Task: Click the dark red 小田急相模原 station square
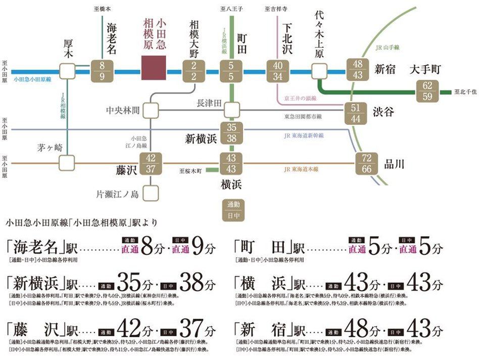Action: pyautogui.click(x=154, y=67)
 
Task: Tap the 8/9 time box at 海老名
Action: pyautogui.click(x=103, y=71)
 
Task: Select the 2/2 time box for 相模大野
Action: pyautogui.click(x=194, y=71)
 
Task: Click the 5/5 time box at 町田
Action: pyautogui.click(x=231, y=71)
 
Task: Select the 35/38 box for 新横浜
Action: pyautogui.click(x=231, y=133)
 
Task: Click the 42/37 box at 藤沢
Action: pyautogui.click(x=151, y=163)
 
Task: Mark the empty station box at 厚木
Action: pyautogui.click(x=67, y=71)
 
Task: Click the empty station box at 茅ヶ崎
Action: pyautogui.click(x=67, y=163)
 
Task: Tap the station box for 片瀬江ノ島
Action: pyautogui.click(x=151, y=193)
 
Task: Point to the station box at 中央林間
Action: pyautogui.click(x=150, y=110)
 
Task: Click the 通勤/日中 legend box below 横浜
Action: pyautogui.click(x=231, y=210)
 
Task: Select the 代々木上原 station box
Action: pyautogui.click(x=320, y=71)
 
